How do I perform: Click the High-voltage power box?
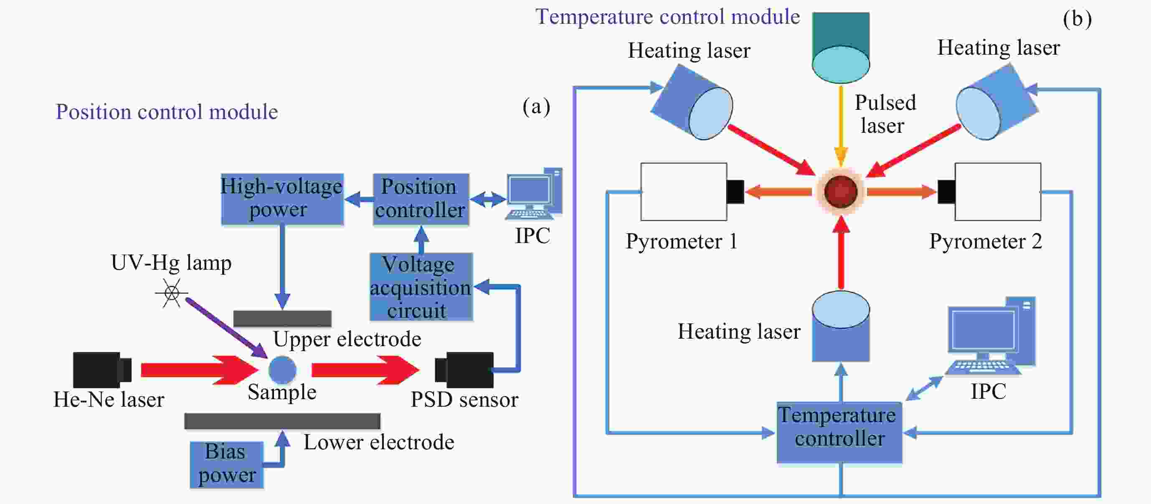click(x=282, y=199)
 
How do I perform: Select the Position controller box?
click(x=421, y=199)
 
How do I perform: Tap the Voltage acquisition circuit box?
click(x=421, y=287)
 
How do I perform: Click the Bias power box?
click(x=226, y=465)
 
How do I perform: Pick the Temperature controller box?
click(x=839, y=432)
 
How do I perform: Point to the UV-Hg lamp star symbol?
click(x=172, y=294)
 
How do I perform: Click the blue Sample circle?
click(x=282, y=370)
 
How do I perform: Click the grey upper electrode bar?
click(x=282, y=319)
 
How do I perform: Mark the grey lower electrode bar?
click(x=282, y=421)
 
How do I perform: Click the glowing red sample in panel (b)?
click(x=840, y=192)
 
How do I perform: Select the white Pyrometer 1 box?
click(x=684, y=192)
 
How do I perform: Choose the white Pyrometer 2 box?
click(x=998, y=192)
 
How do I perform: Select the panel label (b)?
click(x=1077, y=19)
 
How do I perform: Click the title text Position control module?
click(x=167, y=112)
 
